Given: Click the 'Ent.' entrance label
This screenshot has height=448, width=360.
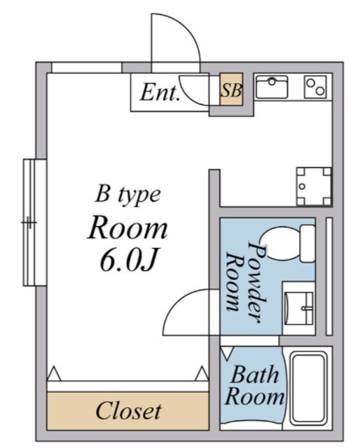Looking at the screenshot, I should coord(160,92).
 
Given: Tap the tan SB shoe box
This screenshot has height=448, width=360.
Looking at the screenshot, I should coord(232,90).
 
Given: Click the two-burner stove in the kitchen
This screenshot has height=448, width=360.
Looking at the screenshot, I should coord(314,87).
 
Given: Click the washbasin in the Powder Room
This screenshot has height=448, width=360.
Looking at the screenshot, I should coord(300,305).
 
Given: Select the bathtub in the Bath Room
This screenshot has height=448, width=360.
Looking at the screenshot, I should coord(309,388).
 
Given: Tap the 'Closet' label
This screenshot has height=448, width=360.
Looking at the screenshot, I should coord(128,410).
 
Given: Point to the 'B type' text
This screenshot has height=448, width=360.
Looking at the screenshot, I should coord(128,194).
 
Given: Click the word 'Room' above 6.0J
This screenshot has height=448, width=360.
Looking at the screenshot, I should coord(127,227).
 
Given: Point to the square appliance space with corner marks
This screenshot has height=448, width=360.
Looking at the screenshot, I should coord(312,185).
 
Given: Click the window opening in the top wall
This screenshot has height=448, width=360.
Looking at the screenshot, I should coord(86,67).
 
